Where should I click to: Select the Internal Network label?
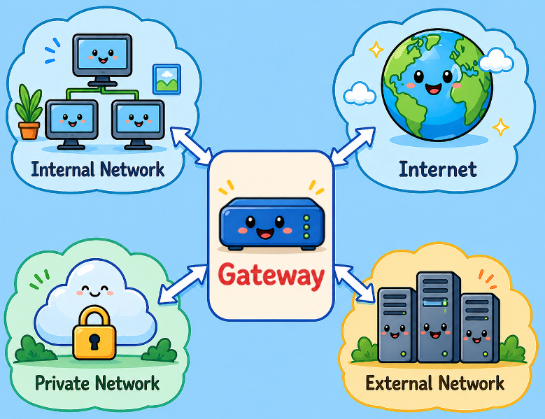pyautogui.click(x=98, y=169)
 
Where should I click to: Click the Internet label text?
pyautogui.click(x=437, y=169)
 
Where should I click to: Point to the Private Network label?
pyautogui.click(x=97, y=383)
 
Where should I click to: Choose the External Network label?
pyautogui.click(x=434, y=383)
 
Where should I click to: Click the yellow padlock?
pyautogui.click(x=93, y=332)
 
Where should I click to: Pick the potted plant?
pyautogui.click(x=29, y=113)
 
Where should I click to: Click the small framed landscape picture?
pyautogui.click(x=167, y=78)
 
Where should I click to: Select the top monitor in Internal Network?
pyautogui.click(x=103, y=57)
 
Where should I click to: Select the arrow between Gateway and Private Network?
pyautogui.click(x=183, y=284)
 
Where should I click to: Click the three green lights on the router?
pyautogui.click(x=306, y=227)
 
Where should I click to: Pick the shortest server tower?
pyautogui.click(x=478, y=327)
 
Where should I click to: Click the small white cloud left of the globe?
pyautogui.click(x=361, y=93)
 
